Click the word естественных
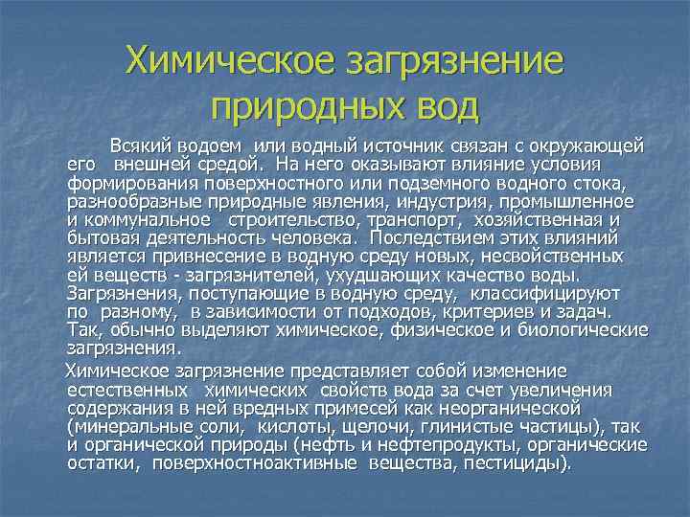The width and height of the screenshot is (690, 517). pyautogui.click(x=128, y=391)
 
